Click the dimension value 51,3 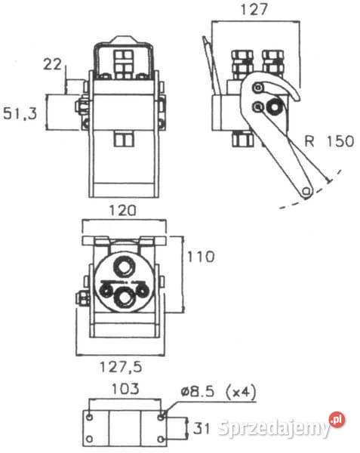[x=20, y=113]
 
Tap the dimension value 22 [x=52, y=64]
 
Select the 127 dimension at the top [x=254, y=9]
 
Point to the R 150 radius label [x=329, y=141]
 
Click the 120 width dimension [x=122, y=211]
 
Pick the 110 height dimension [x=201, y=257]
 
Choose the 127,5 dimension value [x=121, y=367]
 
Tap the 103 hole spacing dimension [x=125, y=389]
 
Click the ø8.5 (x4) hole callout [x=219, y=392]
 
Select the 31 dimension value [x=201, y=427]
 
